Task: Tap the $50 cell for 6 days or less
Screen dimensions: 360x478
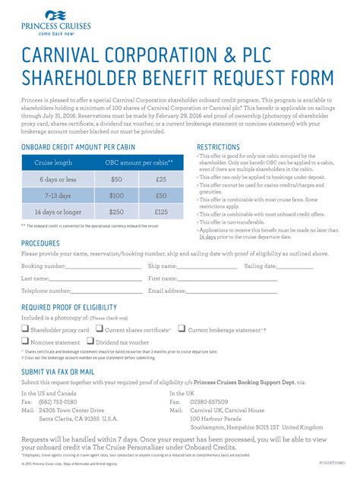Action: tap(116, 179)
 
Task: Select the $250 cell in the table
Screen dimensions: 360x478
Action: tap(116, 212)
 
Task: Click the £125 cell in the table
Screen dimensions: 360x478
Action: tap(160, 212)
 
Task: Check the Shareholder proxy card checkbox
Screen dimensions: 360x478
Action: tap(25, 329)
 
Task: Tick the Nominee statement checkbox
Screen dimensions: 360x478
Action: tap(25, 342)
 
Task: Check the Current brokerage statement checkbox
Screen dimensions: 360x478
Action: tap(182, 329)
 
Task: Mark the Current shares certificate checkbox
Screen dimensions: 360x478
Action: tap(99, 329)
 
